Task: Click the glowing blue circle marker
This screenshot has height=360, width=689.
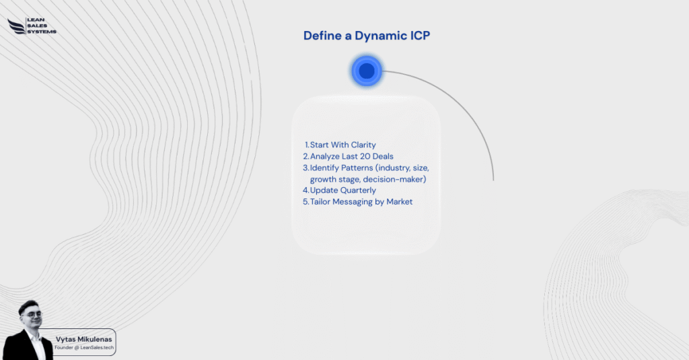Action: coord(367,71)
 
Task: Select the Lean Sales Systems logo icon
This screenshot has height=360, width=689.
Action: coord(15,26)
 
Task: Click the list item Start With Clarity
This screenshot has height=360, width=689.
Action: coord(342,145)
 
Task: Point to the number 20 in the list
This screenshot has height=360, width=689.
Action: coord(371,156)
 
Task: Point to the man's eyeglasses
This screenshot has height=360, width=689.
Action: coord(31,314)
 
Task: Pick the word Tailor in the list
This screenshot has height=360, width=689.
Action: coord(322,202)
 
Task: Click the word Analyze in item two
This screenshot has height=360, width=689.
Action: coord(326,156)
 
